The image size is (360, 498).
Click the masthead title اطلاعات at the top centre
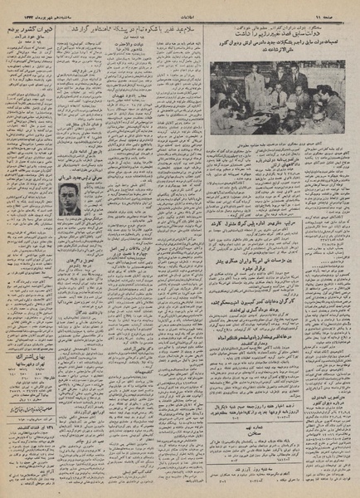(180, 9)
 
